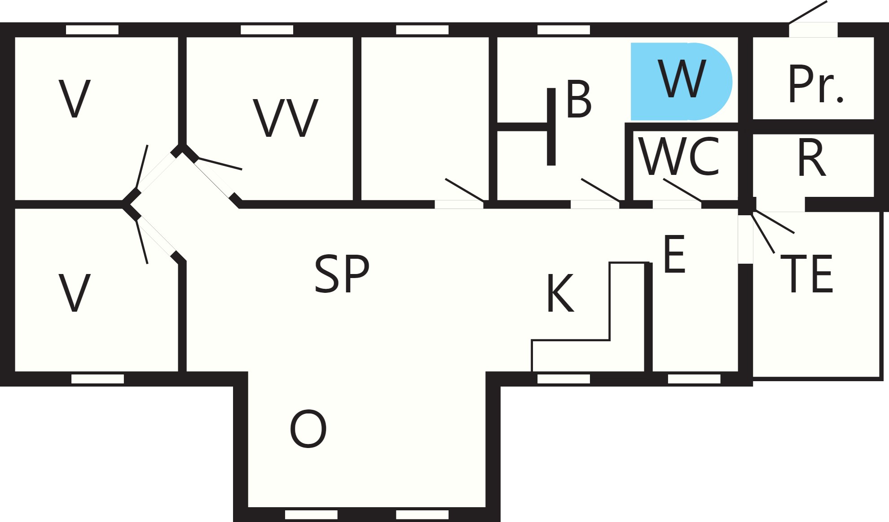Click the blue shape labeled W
point(681,82)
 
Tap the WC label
point(679,157)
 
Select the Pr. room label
point(815,84)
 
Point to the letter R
point(812,158)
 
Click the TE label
point(807,274)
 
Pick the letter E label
point(674,254)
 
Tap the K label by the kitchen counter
point(560,293)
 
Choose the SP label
point(342,274)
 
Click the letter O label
point(308,429)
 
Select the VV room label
point(286,118)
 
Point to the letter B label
point(579,99)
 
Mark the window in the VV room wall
point(267,30)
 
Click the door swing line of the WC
point(682,190)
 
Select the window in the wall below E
point(694,379)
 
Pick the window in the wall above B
point(563,30)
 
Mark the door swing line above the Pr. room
point(808,12)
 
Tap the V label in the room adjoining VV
point(75,99)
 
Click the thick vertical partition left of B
point(551,126)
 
